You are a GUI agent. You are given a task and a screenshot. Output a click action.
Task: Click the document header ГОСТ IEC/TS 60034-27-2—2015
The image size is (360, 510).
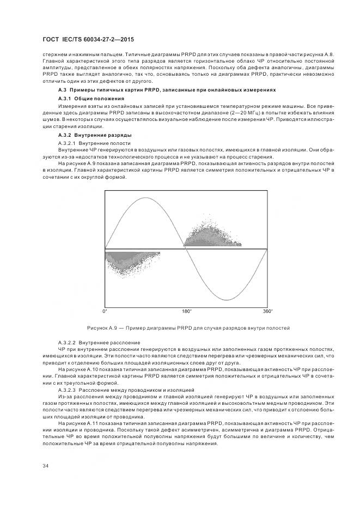88,40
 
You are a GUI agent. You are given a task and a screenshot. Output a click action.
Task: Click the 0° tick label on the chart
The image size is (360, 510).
105,311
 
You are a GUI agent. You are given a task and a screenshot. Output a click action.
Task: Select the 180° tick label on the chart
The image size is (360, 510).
186,311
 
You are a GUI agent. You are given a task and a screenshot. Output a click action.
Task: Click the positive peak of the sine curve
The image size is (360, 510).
144,199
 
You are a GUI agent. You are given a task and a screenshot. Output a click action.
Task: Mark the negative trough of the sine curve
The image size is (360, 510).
226,299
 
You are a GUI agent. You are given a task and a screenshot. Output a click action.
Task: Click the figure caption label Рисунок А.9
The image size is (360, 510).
103,328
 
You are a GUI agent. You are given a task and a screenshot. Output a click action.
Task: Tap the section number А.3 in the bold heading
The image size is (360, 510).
62,89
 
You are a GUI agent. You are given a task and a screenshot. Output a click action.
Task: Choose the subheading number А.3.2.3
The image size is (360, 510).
67,390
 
